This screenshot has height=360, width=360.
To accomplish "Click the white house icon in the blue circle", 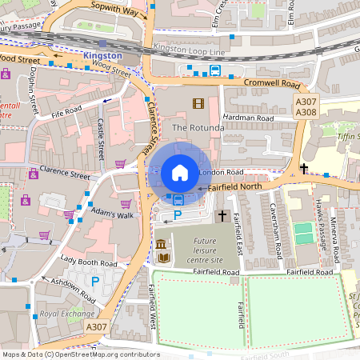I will click(x=180, y=172).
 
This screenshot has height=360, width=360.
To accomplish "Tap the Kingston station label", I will click(x=102, y=56).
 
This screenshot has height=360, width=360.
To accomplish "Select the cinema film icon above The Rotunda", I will click(x=198, y=103).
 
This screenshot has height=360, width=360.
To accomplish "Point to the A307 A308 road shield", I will click(x=306, y=107).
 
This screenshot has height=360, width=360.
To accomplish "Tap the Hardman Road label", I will click(x=250, y=118).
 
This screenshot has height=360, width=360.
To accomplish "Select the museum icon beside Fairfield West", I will click(x=161, y=244).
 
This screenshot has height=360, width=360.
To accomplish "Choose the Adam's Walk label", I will click(x=112, y=215).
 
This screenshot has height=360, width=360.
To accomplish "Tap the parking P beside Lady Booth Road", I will click(x=96, y=281).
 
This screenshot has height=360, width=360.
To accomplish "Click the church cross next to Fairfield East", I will click(x=222, y=217).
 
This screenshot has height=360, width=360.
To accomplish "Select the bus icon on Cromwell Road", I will click(x=215, y=70).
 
